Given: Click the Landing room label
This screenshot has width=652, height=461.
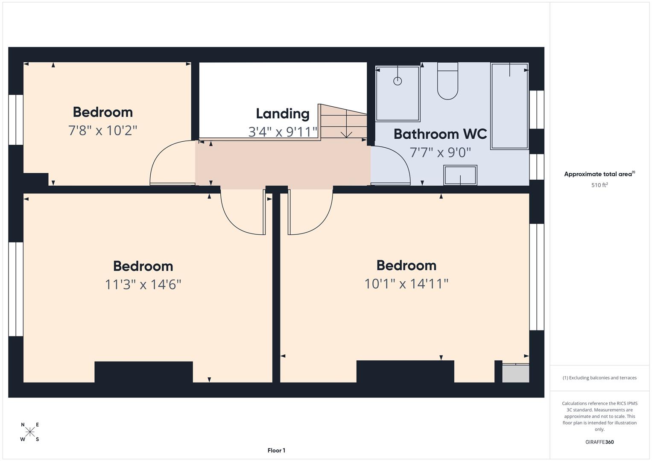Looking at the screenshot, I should [282, 114].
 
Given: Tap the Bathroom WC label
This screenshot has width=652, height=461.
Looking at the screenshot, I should [440, 134].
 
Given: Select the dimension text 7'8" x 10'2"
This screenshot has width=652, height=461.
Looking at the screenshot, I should [102, 131].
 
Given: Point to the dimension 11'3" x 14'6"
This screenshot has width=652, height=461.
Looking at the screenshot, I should [143, 284].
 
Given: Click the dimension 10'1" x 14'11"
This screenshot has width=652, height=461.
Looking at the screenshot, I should [406, 283].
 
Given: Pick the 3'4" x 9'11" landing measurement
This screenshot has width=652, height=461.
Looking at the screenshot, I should [283, 131].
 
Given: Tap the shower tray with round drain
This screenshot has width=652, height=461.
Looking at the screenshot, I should [398, 93].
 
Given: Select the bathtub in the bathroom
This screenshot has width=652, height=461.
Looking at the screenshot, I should [509, 106].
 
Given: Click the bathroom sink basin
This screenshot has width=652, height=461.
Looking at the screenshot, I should [460, 175].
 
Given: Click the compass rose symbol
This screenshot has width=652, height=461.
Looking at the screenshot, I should [30, 432].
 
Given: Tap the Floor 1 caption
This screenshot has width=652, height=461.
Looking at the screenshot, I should [276, 450].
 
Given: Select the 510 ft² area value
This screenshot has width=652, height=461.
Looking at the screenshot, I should [599, 185].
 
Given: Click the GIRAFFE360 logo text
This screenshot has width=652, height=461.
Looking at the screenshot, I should [599, 442].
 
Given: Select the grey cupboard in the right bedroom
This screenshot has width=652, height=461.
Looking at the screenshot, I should [515, 373].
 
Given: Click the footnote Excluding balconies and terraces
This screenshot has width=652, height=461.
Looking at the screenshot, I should [599, 378].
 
